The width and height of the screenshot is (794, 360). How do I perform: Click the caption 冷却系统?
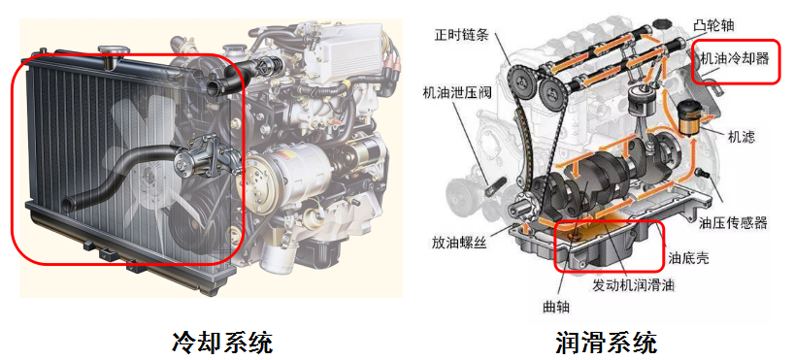(222, 343)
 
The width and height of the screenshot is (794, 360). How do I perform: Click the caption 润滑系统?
(607, 343)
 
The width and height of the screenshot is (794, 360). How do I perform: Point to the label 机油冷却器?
(734, 58)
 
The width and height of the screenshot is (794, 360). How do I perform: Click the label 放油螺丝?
(459, 243)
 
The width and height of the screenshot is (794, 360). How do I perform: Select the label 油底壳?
(688, 258)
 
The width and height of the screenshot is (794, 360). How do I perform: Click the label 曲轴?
(556, 307)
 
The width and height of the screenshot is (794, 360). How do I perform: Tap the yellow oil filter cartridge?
(687, 119)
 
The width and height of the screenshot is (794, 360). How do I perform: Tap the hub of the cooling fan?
(148, 174)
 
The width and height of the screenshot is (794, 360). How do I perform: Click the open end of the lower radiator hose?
(65, 204)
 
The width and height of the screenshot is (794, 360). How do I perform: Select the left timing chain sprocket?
(521, 80)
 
